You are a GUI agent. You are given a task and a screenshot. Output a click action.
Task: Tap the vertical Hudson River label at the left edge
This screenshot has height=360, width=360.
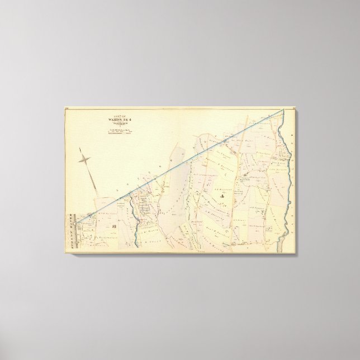click(70, 229)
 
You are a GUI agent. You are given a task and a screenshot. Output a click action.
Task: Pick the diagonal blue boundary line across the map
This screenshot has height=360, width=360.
click(184, 164)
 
